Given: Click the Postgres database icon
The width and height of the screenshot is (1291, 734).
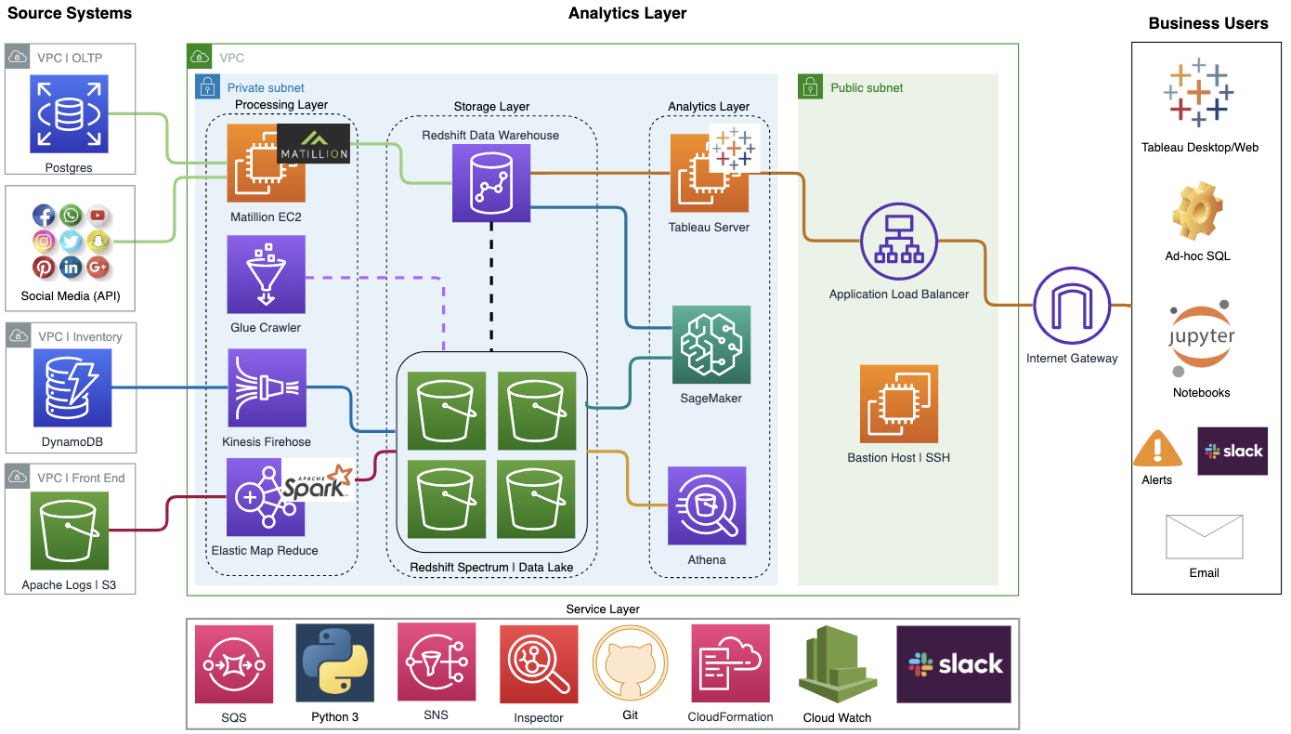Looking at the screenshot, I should [70, 115].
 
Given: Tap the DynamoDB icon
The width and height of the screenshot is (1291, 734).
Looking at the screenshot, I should [72, 387].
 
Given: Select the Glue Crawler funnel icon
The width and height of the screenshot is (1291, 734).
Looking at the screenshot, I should [267, 274].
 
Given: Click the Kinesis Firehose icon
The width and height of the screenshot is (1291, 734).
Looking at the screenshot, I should [267, 387].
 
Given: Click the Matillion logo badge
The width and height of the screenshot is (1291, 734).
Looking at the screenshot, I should [313, 144].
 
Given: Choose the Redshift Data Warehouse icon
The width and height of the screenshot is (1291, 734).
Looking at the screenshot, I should [490, 183].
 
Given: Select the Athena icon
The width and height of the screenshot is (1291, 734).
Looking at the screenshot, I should [707, 505].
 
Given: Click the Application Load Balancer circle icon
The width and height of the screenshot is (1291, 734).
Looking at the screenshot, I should [899, 242].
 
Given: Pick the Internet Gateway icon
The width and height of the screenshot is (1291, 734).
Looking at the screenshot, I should [1072, 306].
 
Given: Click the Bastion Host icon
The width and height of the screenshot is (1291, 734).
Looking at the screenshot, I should [898, 403].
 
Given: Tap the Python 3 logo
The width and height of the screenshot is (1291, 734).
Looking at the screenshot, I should [335, 662].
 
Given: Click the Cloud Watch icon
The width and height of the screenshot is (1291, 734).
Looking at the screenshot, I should [837, 663].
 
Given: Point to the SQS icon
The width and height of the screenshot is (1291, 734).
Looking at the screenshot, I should [234, 663].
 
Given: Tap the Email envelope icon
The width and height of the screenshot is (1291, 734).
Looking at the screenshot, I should [1204, 536].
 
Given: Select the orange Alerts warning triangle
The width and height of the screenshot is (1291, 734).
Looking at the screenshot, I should [1157, 449].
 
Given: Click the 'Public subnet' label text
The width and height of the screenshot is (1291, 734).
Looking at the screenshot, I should [866, 88].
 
